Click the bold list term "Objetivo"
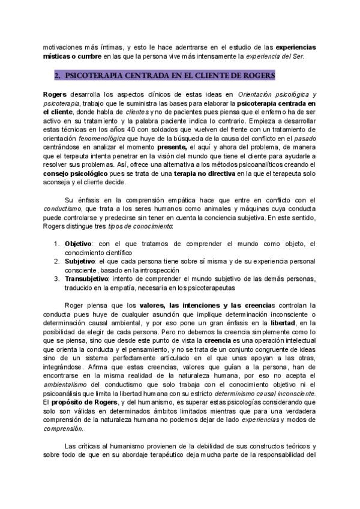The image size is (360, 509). click(77, 243)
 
